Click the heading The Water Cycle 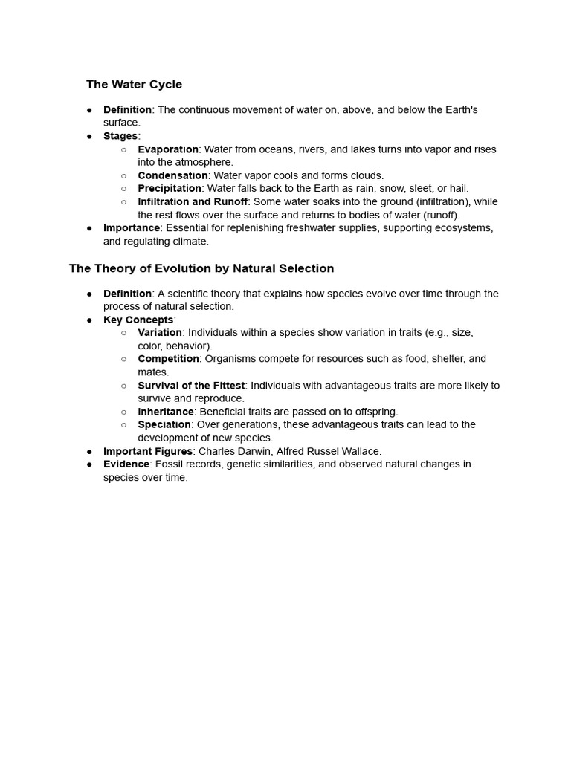coord(134,85)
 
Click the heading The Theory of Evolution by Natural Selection coord(201,268)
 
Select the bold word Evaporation coord(168,149)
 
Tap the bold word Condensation coord(172,175)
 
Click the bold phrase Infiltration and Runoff coord(193,202)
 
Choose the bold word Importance coord(132,228)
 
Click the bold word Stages coord(120,136)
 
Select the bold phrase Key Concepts coord(138,320)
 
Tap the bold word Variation coord(160,333)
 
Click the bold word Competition coord(168,359)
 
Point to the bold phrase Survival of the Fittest coord(191,386)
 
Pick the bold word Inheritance coord(166,412)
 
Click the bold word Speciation coord(164,425)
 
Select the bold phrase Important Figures coord(148,451)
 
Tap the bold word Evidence coord(126,464)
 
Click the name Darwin coord(253,451)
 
